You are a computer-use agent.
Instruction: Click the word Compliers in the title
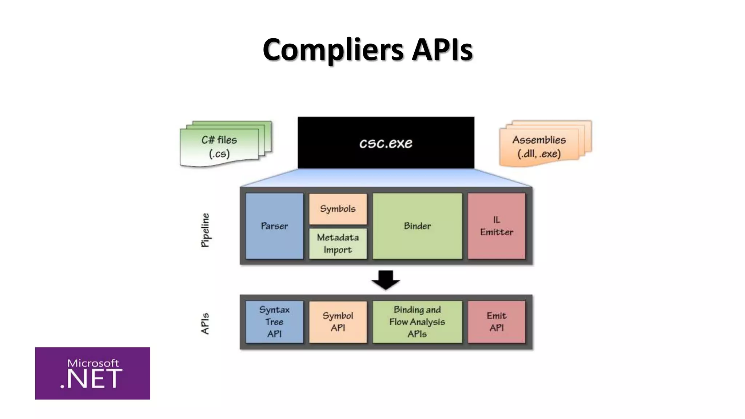click(332, 50)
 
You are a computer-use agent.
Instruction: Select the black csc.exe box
click(386, 143)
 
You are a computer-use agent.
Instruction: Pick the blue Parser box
click(274, 226)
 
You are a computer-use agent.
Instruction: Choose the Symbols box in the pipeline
click(338, 209)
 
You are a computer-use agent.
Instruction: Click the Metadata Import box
click(338, 244)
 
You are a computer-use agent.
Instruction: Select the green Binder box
click(417, 226)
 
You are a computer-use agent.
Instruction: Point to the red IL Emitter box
click(496, 226)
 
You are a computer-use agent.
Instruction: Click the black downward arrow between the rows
click(386, 280)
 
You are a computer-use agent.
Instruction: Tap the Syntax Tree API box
click(274, 322)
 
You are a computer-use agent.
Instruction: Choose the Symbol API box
click(338, 322)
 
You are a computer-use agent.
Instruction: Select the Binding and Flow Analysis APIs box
click(417, 322)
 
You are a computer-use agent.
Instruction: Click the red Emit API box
click(496, 322)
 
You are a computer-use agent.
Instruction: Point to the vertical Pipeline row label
click(206, 230)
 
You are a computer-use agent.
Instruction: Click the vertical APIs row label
click(206, 323)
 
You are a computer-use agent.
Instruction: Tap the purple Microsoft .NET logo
click(92, 373)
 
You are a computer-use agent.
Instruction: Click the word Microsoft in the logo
click(93, 363)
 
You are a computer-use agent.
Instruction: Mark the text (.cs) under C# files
click(219, 153)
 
